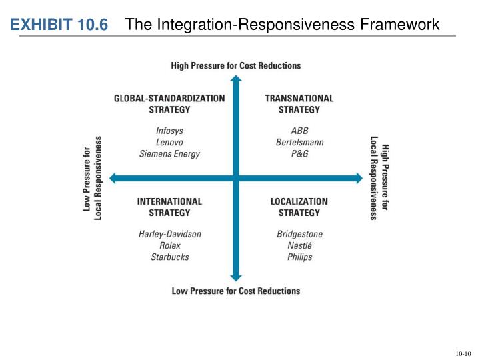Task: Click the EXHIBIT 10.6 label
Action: pos(59,25)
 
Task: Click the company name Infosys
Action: pos(169,131)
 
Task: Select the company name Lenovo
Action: pos(169,142)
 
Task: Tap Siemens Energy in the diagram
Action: pos(169,153)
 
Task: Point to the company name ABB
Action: pos(299,131)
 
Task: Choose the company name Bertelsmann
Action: pos(299,142)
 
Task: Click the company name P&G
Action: pos(299,153)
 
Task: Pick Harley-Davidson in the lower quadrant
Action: pos(169,234)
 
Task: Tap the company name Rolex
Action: pos(169,245)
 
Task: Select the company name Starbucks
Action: pos(169,257)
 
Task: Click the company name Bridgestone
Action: pos(299,234)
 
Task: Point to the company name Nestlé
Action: pos(299,245)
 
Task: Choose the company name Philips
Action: pos(299,257)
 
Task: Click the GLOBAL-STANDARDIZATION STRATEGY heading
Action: pos(169,103)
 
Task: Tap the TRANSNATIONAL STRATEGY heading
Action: pos(299,103)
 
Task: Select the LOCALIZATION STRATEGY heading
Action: pos(299,207)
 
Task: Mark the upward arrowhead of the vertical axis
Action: pos(235,81)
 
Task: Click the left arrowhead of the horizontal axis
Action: pos(113,178)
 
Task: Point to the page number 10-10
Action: pos(463,353)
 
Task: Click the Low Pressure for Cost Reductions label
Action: pos(236,291)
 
